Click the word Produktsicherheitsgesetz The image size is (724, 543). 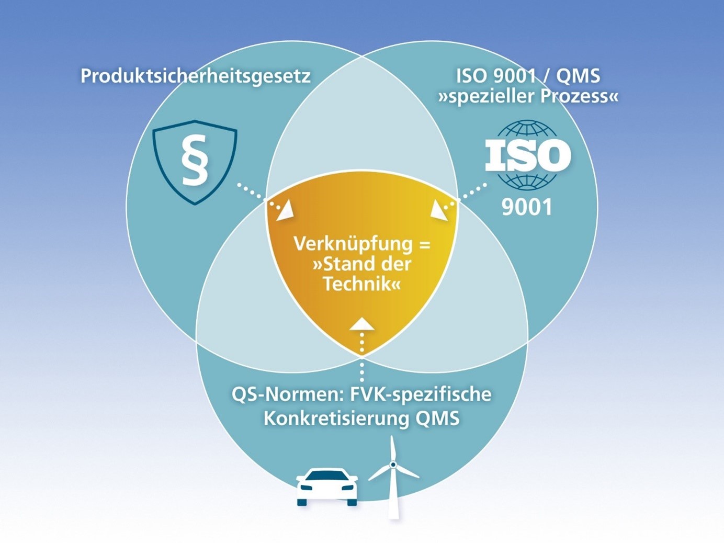[x=195, y=76]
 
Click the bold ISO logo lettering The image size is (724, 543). [x=528, y=155]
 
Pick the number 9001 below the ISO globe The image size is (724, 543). [x=526, y=207]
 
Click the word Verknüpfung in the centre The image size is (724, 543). [x=353, y=244]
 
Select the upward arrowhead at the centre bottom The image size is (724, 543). [x=362, y=323]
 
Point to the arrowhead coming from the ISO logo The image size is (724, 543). [x=439, y=210]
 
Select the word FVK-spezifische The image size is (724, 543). [x=421, y=394]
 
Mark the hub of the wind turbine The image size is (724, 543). [x=393, y=465]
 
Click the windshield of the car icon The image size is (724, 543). [x=327, y=476]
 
